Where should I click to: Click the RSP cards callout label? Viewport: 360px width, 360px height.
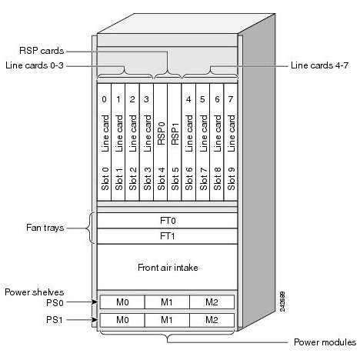[x=42, y=51]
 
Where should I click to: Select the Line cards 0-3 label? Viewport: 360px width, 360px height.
[x=35, y=65]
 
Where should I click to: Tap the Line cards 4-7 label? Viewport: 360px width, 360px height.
[x=319, y=65]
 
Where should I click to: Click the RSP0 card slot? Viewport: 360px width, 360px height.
[x=161, y=142]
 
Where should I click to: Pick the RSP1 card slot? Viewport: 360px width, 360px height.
[x=175, y=142]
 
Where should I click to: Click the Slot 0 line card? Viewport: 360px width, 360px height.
[x=105, y=142]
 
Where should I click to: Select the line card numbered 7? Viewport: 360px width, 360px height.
[x=231, y=142]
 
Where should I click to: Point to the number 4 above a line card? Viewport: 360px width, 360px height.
[x=188, y=99]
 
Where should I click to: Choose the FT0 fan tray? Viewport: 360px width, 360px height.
[x=168, y=221]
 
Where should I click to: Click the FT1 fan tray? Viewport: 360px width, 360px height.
[x=168, y=236]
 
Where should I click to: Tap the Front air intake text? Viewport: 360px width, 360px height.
[x=168, y=268]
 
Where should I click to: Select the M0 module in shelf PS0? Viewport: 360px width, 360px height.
[x=122, y=302]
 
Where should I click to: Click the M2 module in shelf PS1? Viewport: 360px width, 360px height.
[x=212, y=320]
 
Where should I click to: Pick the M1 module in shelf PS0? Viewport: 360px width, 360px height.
[x=167, y=302]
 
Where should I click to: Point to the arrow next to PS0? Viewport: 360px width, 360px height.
[x=82, y=302]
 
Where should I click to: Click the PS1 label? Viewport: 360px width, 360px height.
[x=55, y=320]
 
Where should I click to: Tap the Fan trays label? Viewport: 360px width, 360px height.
[x=45, y=228]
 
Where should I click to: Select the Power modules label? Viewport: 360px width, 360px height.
[x=325, y=342]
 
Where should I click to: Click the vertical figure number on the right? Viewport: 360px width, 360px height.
[x=282, y=302]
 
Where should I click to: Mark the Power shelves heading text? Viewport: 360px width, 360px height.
[x=35, y=292]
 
